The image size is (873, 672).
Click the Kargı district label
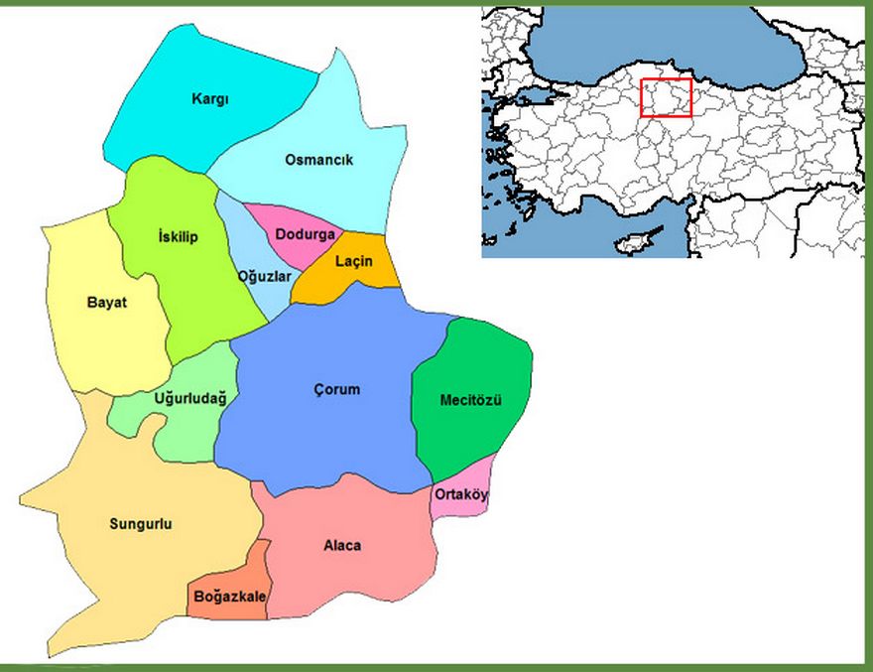click(x=210, y=99)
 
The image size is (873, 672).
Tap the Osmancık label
click(x=318, y=160)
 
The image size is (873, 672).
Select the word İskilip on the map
click(x=179, y=236)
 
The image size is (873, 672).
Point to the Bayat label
click(x=107, y=302)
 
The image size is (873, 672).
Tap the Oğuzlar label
click(x=264, y=276)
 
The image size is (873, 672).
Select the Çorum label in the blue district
click(x=334, y=390)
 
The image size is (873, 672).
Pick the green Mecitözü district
click(x=471, y=400)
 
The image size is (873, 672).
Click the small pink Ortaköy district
click(x=461, y=494)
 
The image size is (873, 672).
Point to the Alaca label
click(x=342, y=546)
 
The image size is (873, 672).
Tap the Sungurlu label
click(x=140, y=524)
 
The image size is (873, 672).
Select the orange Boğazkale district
click(x=229, y=596)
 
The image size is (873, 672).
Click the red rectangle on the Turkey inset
click(x=666, y=97)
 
